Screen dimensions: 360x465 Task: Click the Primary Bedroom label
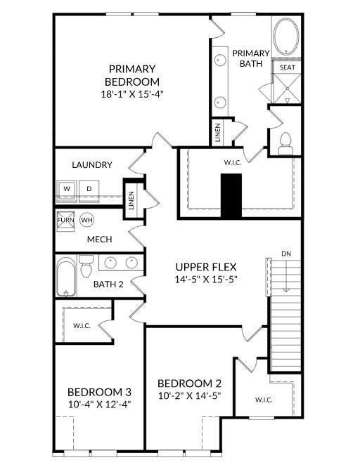pos(132,75)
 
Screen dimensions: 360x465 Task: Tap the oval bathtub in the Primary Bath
pos(285,37)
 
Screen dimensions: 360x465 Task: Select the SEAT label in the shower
pos(288,67)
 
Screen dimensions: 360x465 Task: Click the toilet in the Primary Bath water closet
pos(285,143)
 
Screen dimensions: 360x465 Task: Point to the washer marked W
pos(67,190)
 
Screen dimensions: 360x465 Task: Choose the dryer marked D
pos(89,190)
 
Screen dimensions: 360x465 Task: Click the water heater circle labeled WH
pos(86,220)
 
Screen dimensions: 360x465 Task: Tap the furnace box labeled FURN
pos(65,221)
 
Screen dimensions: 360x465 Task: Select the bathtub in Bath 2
pos(66,277)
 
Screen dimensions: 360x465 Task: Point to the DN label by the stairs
pos(286,254)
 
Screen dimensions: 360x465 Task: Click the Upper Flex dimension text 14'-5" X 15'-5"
pos(206,279)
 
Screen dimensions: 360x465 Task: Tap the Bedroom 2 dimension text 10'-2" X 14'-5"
pos(190,395)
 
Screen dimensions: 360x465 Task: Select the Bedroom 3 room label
pos(99,392)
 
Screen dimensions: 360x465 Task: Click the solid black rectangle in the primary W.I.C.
pos(231,196)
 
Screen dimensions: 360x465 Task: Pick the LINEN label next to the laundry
pos(131,200)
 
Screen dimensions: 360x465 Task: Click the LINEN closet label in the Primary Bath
pos(218,133)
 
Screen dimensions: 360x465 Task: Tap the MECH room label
pos(100,239)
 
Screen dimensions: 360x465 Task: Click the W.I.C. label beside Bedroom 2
pos(264,400)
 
